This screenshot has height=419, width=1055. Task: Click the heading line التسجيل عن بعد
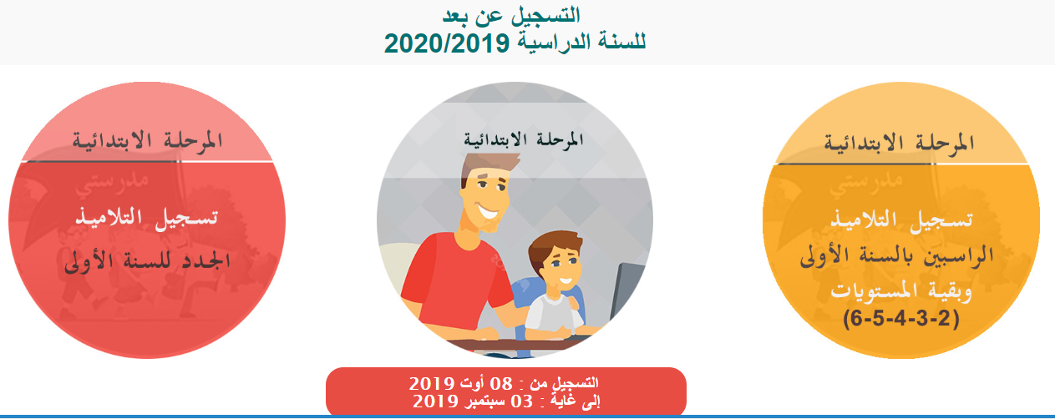[511, 15]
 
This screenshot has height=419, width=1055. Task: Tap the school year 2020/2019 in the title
[447, 43]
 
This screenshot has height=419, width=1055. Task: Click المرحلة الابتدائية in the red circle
[147, 140]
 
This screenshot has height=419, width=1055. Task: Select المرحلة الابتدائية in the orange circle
[899, 142]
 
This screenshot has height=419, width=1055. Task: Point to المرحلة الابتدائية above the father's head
[524, 139]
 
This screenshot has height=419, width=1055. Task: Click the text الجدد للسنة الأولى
[147, 260]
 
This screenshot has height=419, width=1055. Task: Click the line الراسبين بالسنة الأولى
[897, 256]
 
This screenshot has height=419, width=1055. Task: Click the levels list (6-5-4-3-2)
[901, 319]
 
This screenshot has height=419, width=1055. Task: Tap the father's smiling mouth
[489, 211]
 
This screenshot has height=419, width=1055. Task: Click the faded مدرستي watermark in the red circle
[112, 184]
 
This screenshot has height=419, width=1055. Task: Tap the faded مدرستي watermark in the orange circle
[865, 184]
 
